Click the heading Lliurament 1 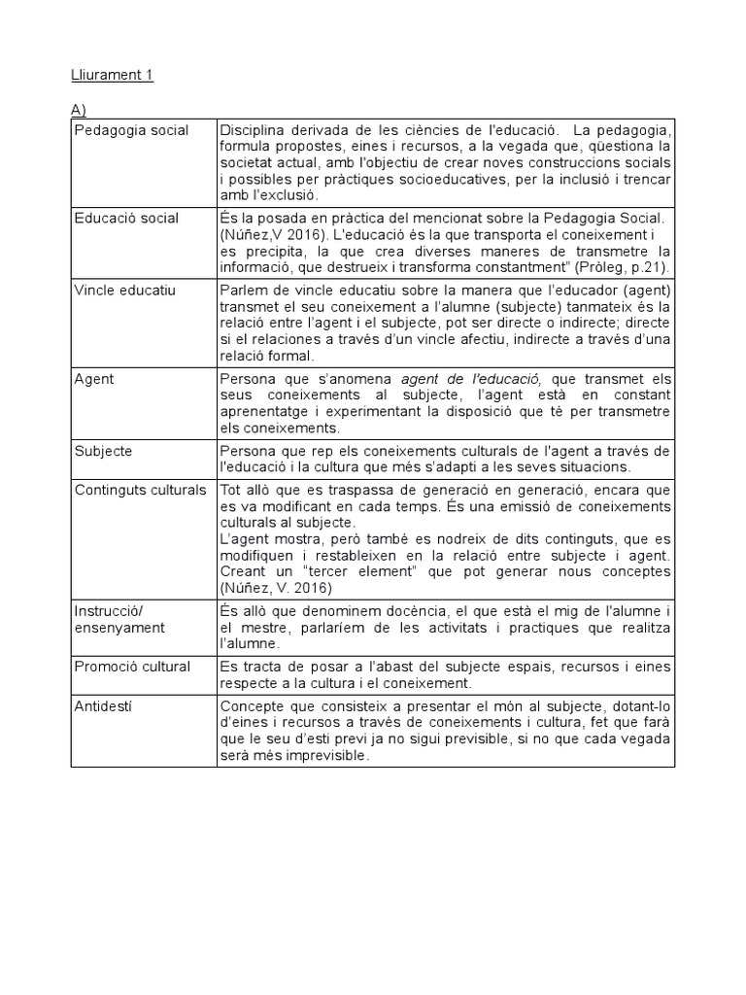pos(113,76)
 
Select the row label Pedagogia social pos(131,130)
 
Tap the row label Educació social pos(126,218)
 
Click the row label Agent pos(94,379)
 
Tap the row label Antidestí pos(103,705)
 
